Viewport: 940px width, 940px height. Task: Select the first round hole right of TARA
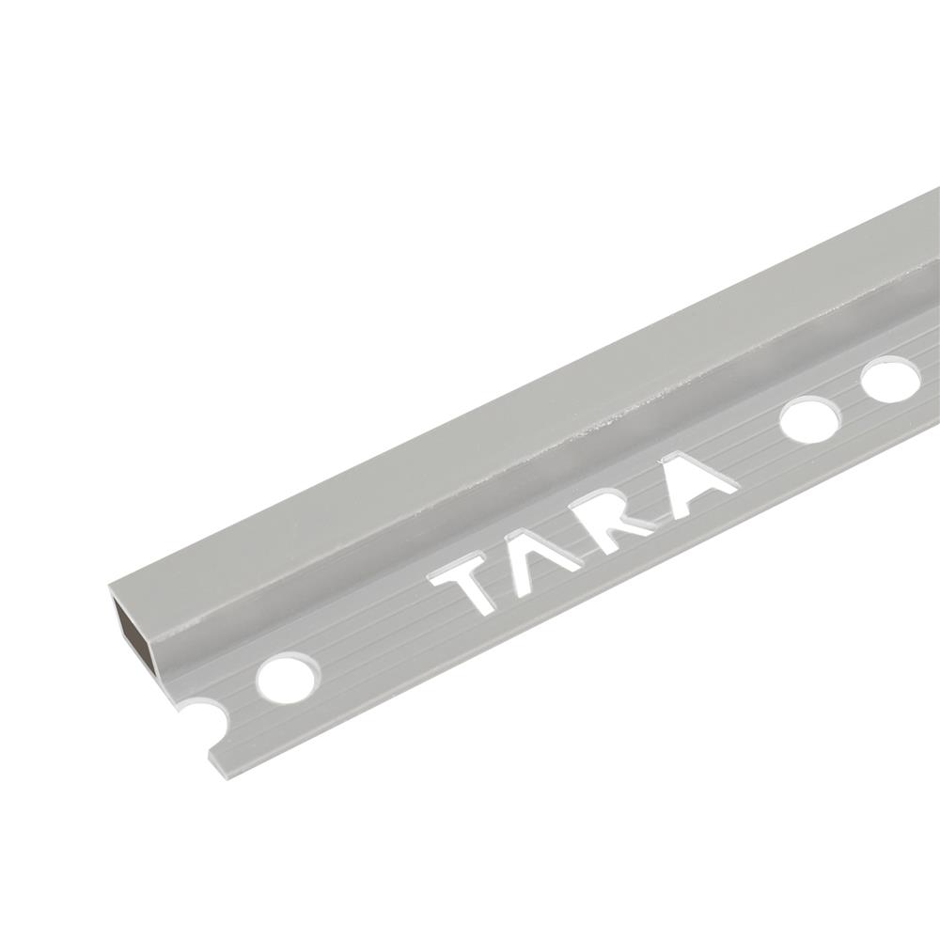click(809, 419)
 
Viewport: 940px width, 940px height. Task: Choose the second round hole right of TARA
click(889, 380)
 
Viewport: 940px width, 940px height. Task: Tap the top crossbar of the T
click(461, 570)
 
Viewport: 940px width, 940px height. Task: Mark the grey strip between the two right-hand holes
click(850, 399)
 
